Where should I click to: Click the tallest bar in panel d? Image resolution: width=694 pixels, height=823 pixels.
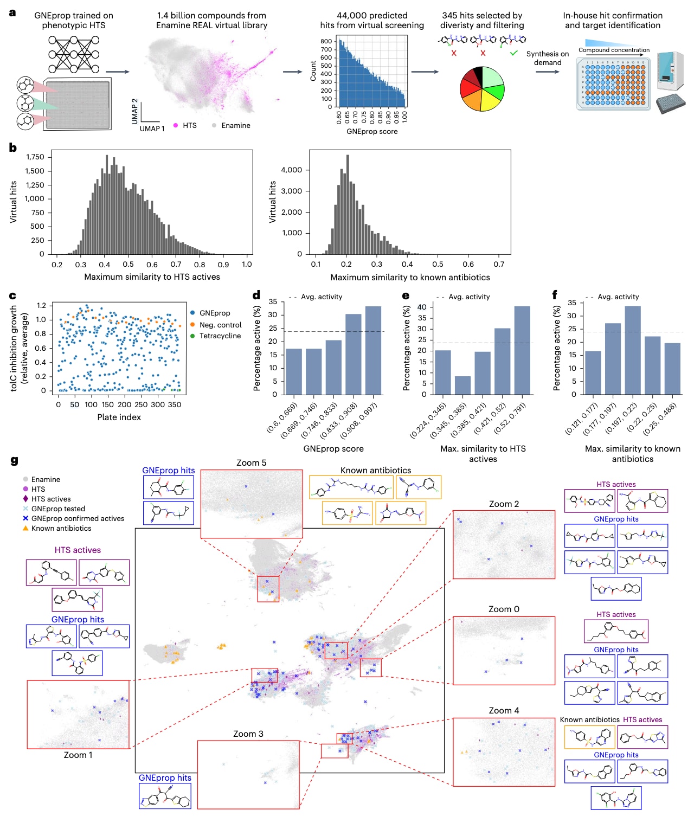point(373,350)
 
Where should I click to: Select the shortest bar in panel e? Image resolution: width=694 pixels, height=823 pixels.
point(462,385)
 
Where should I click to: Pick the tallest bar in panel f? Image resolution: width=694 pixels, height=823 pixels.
point(633,350)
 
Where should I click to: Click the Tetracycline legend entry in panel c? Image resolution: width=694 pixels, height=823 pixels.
point(220,336)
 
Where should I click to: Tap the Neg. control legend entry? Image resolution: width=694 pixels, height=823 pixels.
point(220,325)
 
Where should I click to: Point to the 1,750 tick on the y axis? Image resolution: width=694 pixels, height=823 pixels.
point(35,157)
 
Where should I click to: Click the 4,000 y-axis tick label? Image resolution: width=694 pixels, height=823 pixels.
point(291,170)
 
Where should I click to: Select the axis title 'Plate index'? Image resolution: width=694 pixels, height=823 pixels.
point(119,417)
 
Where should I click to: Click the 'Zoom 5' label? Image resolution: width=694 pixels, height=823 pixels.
point(251,463)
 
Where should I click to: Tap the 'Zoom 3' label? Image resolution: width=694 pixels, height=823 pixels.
point(248,734)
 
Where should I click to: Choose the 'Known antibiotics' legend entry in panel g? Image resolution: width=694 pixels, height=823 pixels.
point(61,529)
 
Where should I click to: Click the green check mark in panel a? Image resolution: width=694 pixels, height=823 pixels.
point(513,53)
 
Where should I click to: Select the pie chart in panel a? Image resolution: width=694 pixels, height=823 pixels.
point(482,89)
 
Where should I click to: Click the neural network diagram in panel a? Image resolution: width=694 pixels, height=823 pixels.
point(74,54)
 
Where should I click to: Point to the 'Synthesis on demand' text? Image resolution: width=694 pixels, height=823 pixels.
point(548,58)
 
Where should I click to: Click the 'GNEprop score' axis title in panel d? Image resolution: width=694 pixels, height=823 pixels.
point(333,449)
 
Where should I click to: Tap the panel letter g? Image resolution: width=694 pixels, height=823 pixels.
point(14,461)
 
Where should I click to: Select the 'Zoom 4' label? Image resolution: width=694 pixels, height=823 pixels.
point(504,711)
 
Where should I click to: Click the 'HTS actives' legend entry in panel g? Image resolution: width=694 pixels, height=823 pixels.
point(50,499)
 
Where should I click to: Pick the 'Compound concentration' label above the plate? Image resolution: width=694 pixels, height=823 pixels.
point(614,50)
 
